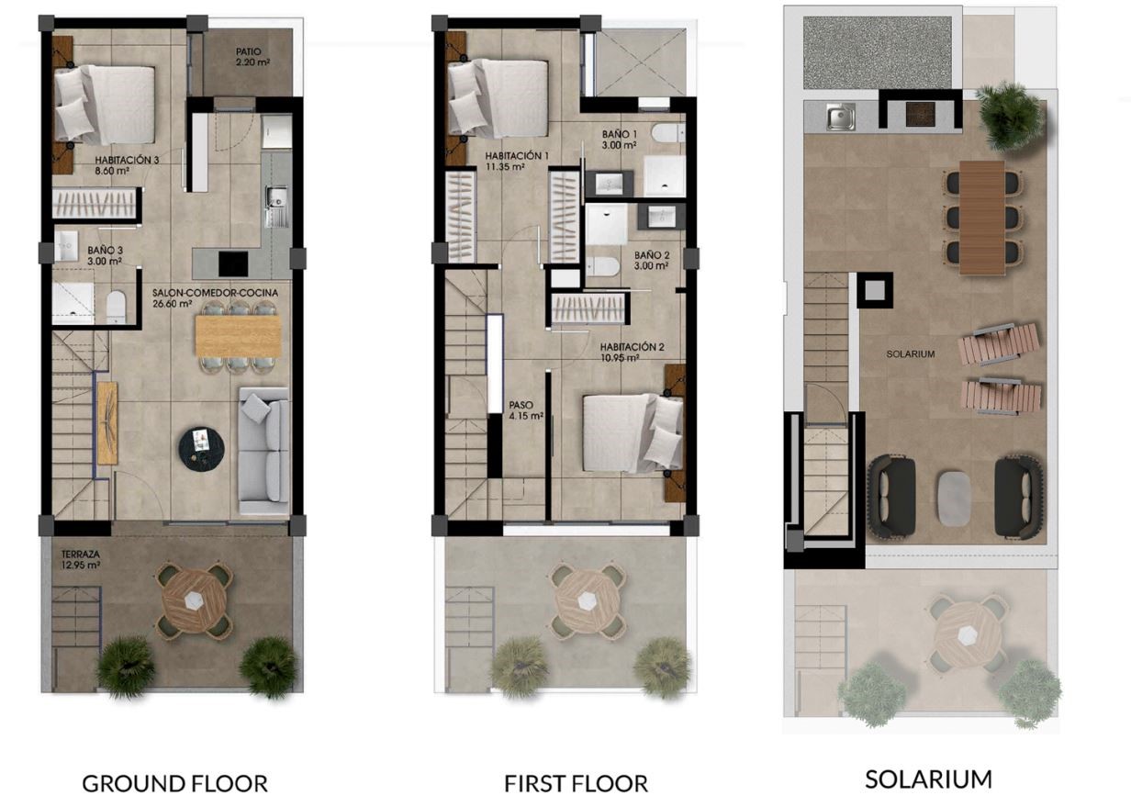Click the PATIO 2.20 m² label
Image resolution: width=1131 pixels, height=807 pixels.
point(252,57)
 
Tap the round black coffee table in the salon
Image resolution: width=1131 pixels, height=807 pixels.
point(201,449)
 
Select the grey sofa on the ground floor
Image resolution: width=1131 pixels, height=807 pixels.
point(263,451)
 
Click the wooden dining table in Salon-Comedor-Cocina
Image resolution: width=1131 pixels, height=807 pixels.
point(239,336)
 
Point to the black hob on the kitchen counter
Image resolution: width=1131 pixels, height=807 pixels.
point(233,263)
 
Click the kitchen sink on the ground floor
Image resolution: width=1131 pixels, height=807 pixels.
point(276,197)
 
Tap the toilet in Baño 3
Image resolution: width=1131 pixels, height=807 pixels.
point(116,306)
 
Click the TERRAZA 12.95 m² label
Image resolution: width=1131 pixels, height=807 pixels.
point(81,559)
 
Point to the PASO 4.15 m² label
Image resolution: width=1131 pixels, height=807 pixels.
point(526,410)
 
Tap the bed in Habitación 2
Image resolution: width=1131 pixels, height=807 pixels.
point(633,433)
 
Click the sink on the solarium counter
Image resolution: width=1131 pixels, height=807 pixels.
point(841,117)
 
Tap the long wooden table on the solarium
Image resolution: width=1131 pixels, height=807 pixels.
point(981,218)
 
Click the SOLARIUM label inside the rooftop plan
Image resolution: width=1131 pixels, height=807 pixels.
point(911,354)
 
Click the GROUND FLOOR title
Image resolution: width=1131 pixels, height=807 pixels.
point(174,783)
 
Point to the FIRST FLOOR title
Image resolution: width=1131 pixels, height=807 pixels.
point(577,783)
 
